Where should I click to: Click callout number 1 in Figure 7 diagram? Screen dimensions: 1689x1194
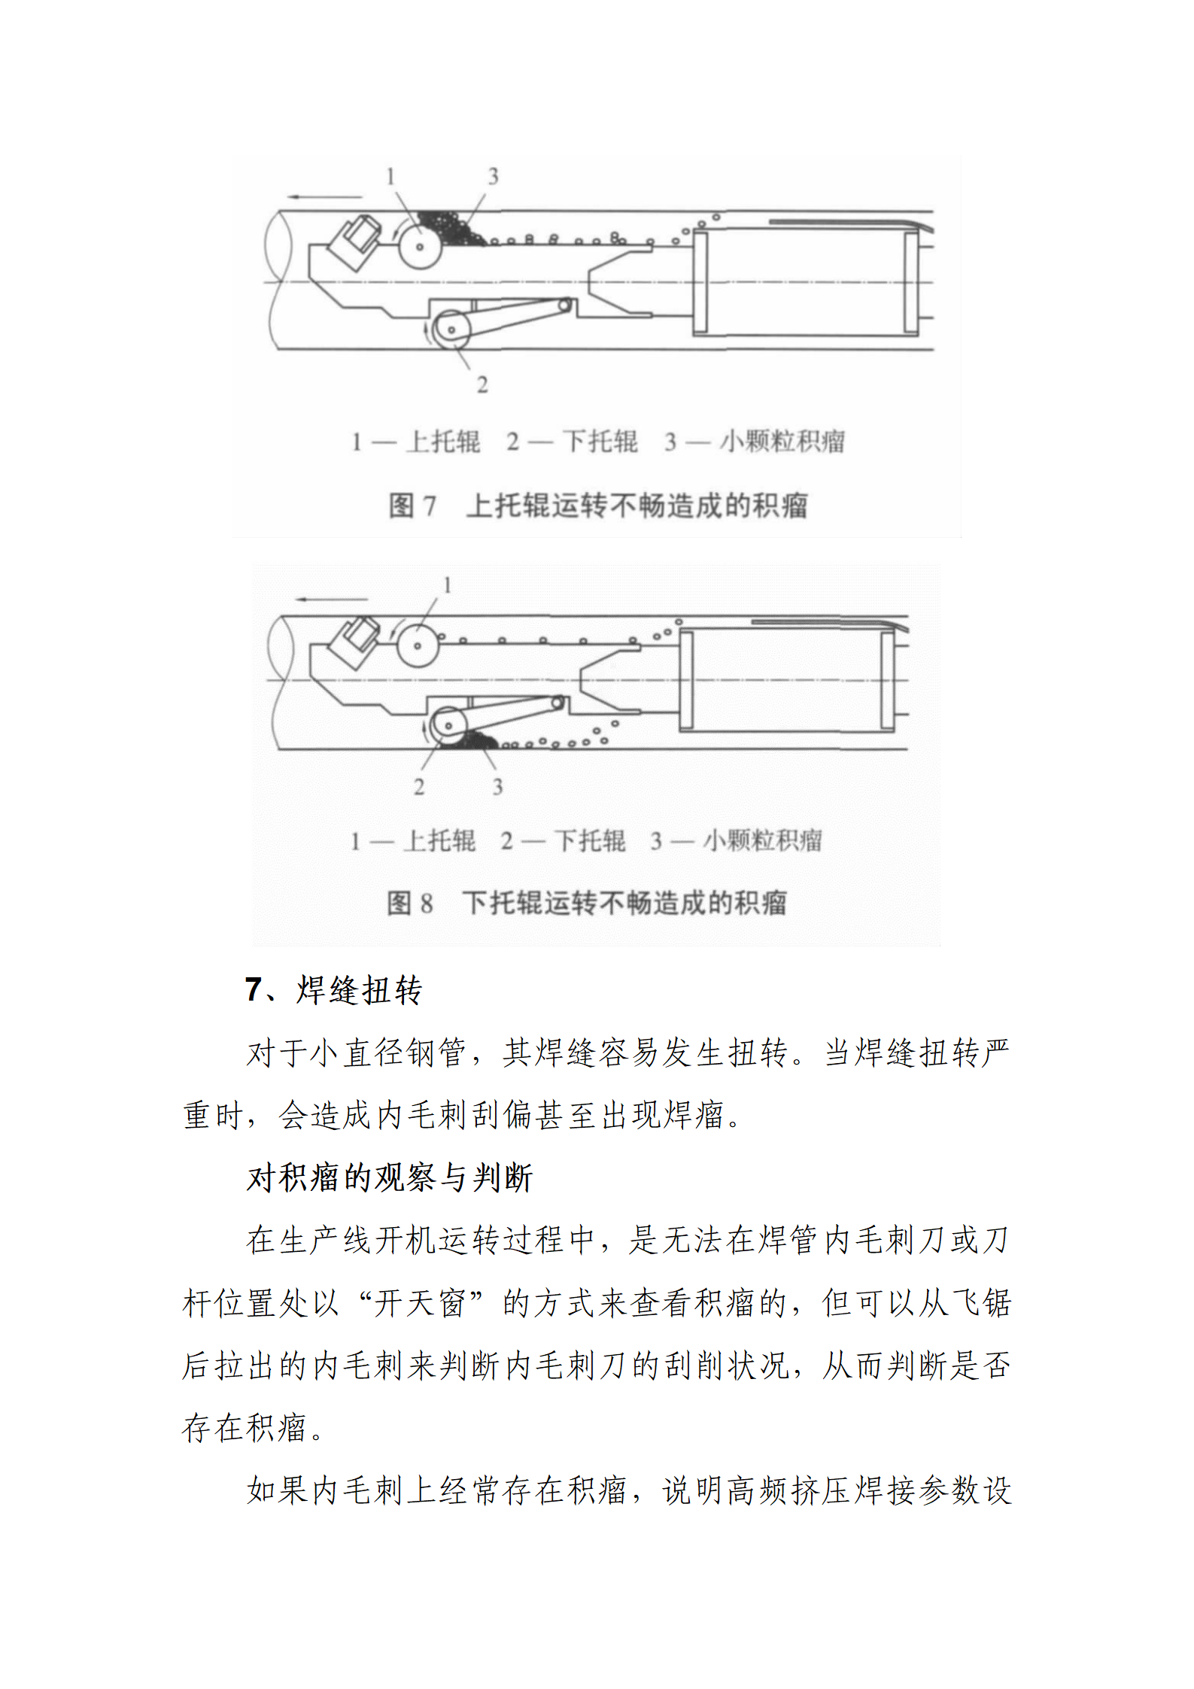390,177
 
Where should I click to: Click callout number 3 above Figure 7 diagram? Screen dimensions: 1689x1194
493,177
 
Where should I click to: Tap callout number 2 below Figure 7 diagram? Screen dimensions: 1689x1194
482,384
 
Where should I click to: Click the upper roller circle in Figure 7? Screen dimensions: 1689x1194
419,246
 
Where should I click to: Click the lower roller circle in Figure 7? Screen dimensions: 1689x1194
451,330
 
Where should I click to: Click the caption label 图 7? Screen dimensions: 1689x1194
412,506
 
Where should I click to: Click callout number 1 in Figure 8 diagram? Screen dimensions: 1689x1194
447,585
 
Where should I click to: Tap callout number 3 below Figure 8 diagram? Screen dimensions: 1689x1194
497,787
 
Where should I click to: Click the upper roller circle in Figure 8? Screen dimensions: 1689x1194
417,646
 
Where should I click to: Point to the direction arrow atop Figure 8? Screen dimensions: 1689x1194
331,600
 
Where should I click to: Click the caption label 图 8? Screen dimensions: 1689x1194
410,903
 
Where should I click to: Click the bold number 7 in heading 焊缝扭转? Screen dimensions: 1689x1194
253,990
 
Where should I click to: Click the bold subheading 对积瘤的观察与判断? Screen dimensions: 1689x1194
390,1177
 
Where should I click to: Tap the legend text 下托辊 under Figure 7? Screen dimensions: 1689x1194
600,442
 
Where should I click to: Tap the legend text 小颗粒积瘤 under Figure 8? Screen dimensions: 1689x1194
762,840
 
